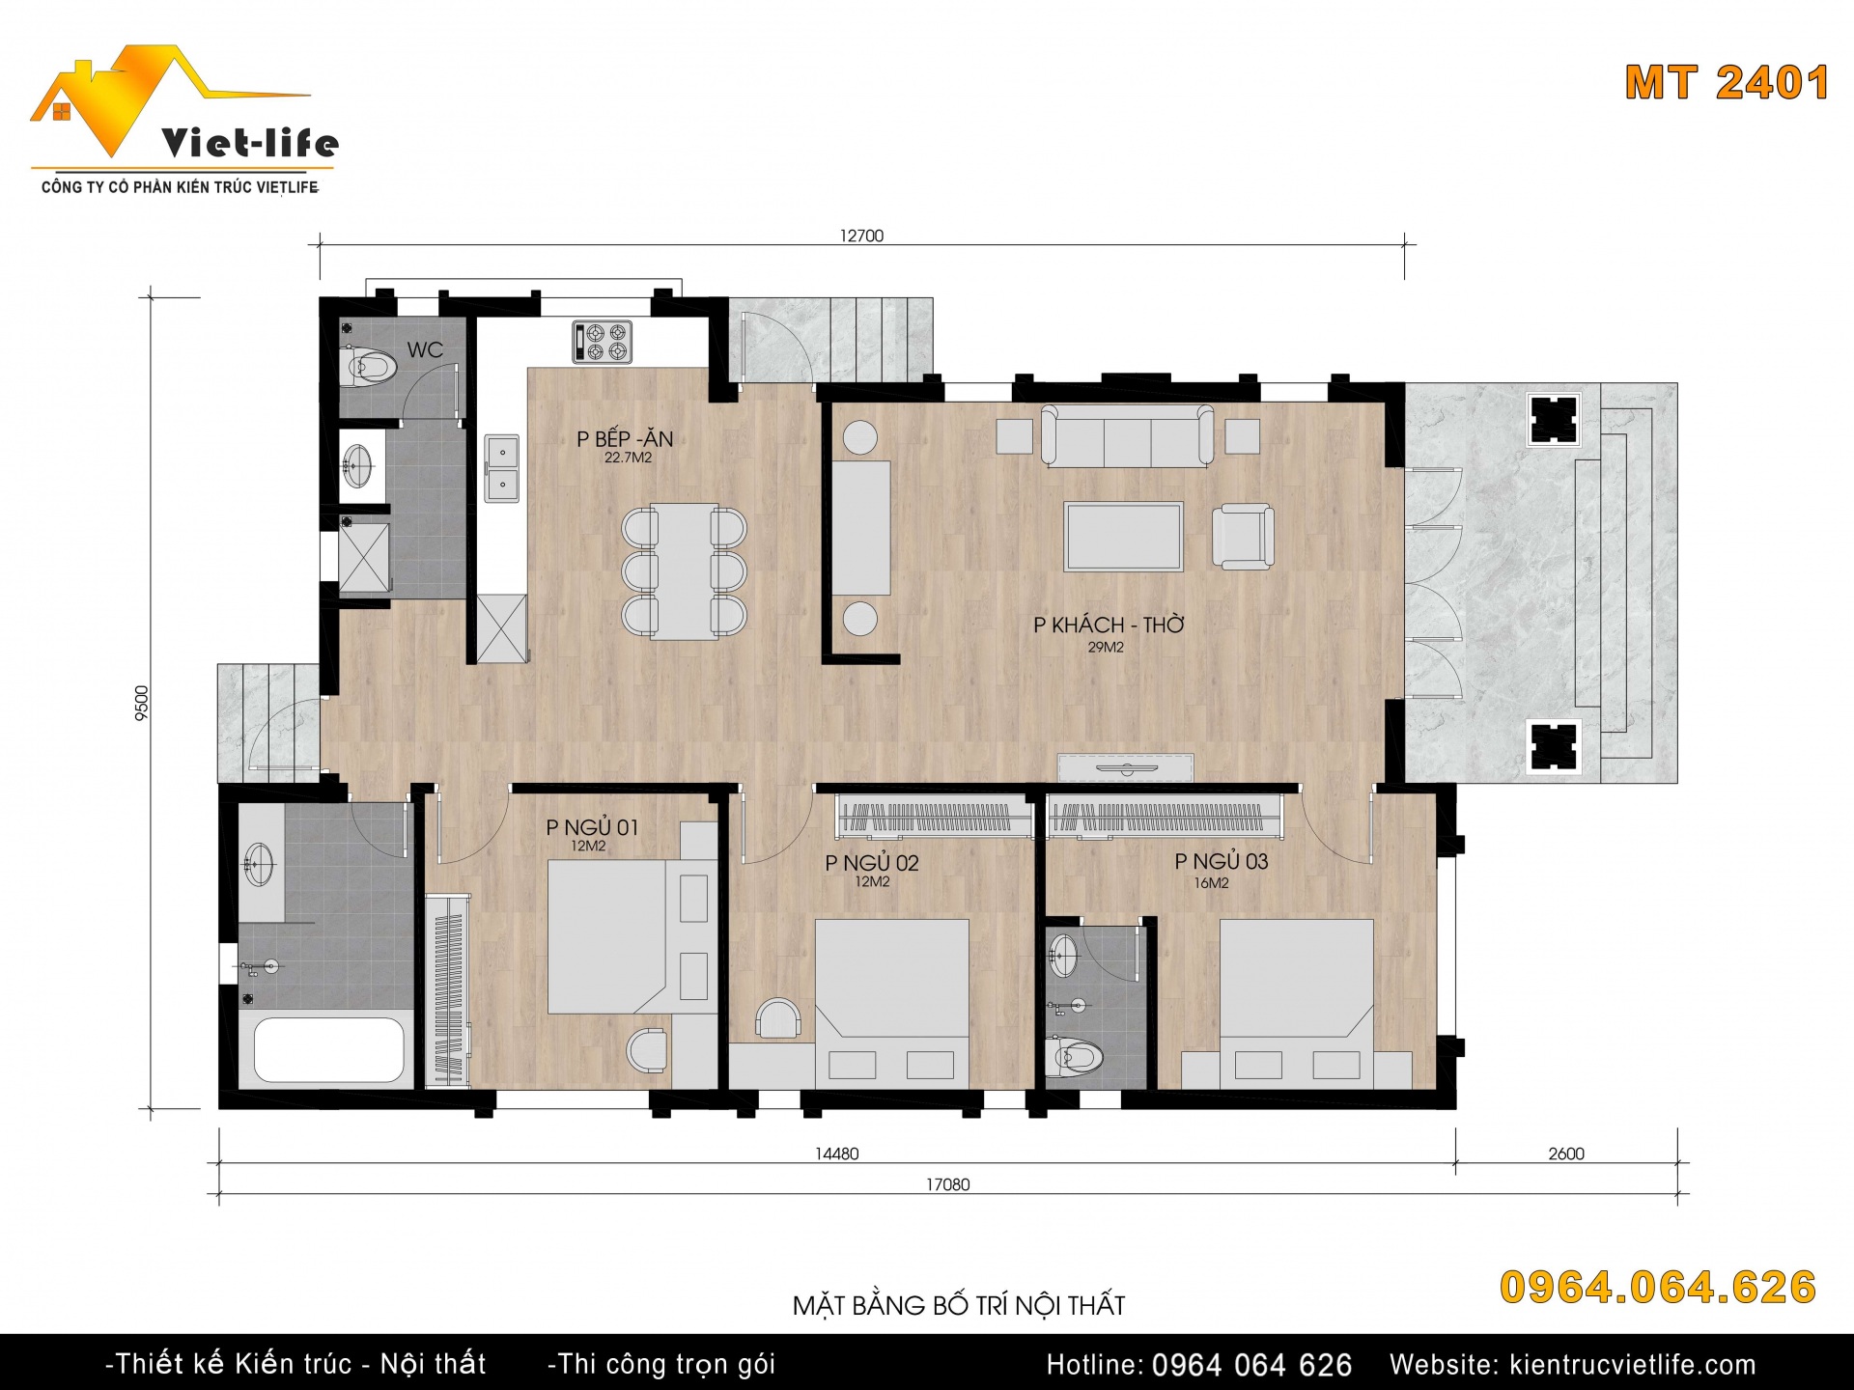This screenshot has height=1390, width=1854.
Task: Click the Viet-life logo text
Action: (250, 144)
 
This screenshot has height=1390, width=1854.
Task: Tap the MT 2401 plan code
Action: (1727, 83)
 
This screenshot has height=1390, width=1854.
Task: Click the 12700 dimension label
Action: (861, 236)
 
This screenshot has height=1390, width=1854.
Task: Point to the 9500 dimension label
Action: (142, 703)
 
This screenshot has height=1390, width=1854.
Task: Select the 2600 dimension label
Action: (1566, 1154)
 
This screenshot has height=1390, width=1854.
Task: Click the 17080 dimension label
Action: (947, 1184)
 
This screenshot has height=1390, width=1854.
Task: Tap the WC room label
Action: (425, 349)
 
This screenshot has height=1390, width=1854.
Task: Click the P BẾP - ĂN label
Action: (625, 438)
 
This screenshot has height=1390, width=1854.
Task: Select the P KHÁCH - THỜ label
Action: (1109, 625)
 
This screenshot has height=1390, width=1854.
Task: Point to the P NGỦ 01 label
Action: (592, 827)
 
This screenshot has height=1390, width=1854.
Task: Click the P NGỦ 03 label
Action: (1222, 861)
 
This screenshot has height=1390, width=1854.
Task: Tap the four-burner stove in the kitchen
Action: (602, 342)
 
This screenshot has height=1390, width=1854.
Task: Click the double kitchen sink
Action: (501, 468)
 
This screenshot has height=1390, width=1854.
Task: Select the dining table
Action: (685, 570)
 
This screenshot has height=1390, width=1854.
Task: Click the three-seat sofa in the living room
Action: (1127, 436)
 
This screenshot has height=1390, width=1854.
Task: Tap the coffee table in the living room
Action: (1123, 537)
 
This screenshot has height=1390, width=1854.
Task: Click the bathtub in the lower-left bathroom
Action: (328, 1050)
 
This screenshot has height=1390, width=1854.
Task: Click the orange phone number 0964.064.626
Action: (1658, 1288)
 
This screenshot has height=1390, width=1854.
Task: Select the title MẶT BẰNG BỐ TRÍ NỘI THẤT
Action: (959, 1305)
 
